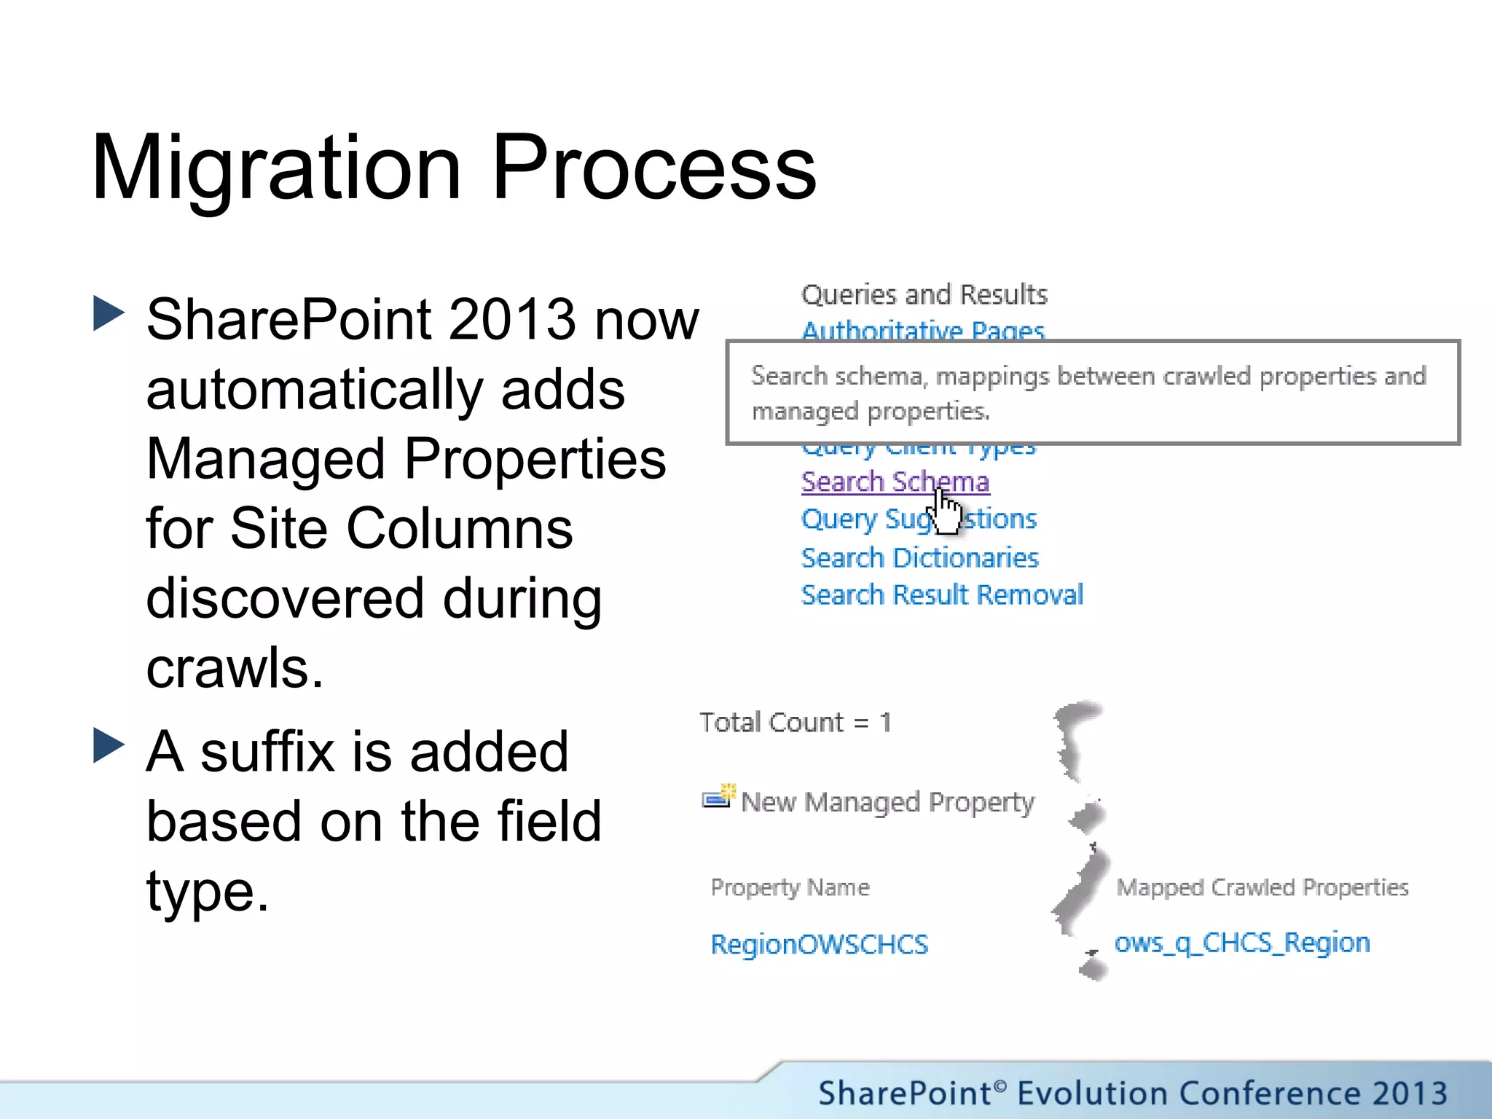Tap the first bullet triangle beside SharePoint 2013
(109, 314)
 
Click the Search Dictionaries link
(919, 558)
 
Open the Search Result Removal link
(942, 595)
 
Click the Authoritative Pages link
(922, 331)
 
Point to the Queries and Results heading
(924, 294)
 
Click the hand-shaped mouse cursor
(946, 513)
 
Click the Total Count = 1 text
(795, 723)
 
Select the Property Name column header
(790, 887)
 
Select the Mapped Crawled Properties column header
(1262, 887)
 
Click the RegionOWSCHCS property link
(819, 944)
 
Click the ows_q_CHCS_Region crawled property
(1241, 943)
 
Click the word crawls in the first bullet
(233, 667)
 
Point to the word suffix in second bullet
(267, 751)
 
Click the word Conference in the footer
(1267, 1094)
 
